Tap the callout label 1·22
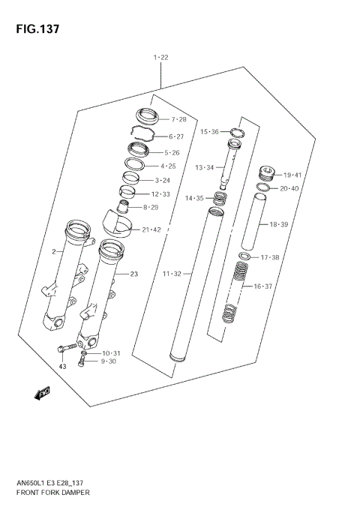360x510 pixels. (160, 58)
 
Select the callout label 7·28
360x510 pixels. (178, 120)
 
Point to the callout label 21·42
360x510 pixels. (151, 229)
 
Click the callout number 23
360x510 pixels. (133, 274)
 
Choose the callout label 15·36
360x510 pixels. (209, 132)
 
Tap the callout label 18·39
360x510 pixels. (279, 223)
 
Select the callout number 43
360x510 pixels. (63, 367)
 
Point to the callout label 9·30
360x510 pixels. (109, 361)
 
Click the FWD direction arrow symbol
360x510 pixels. (41, 391)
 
